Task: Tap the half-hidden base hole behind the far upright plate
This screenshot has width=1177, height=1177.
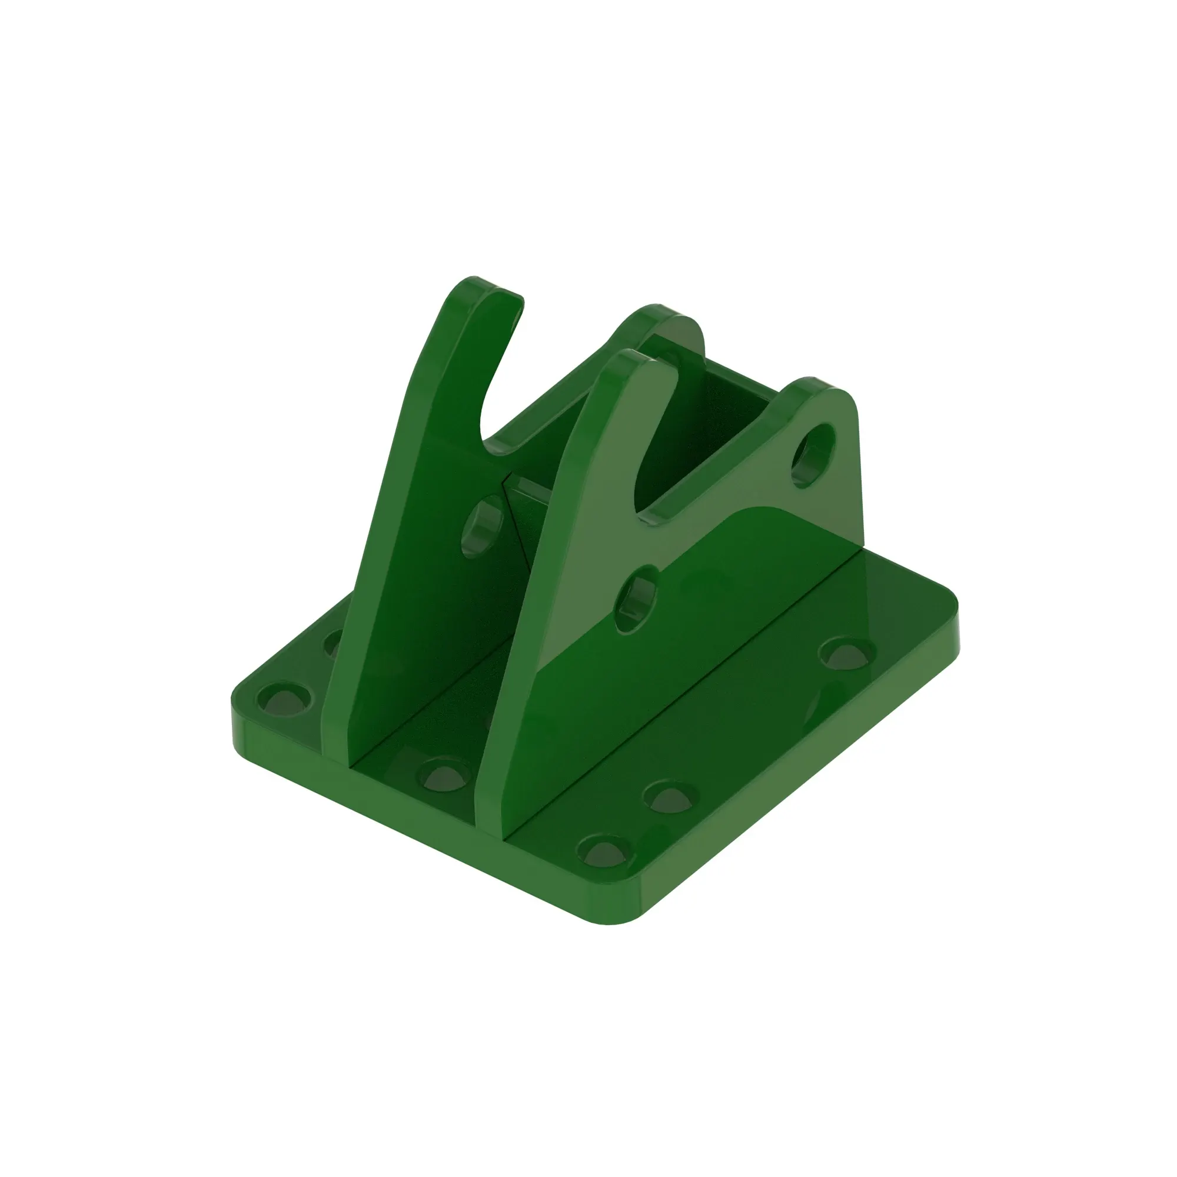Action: point(333,643)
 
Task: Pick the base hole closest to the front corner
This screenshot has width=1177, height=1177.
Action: point(604,851)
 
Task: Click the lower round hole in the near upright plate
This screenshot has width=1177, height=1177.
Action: point(637,600)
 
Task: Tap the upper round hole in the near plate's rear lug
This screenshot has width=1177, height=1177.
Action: point(813,454)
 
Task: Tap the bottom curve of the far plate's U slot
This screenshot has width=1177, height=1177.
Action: point(494,442)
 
